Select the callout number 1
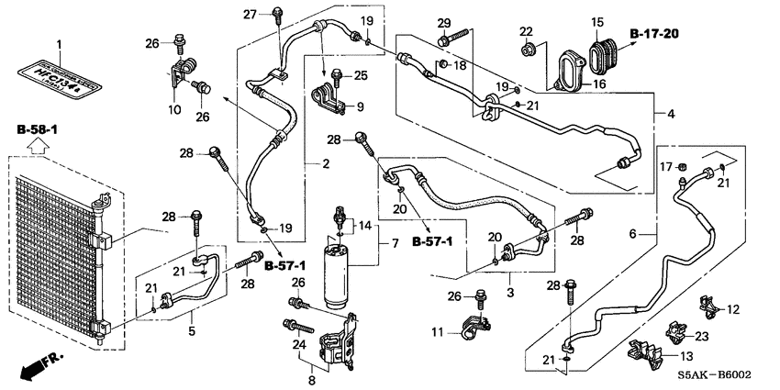click(61, 44)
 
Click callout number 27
click(250, 14)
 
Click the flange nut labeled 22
click(529, 50)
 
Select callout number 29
click(444, 22)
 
